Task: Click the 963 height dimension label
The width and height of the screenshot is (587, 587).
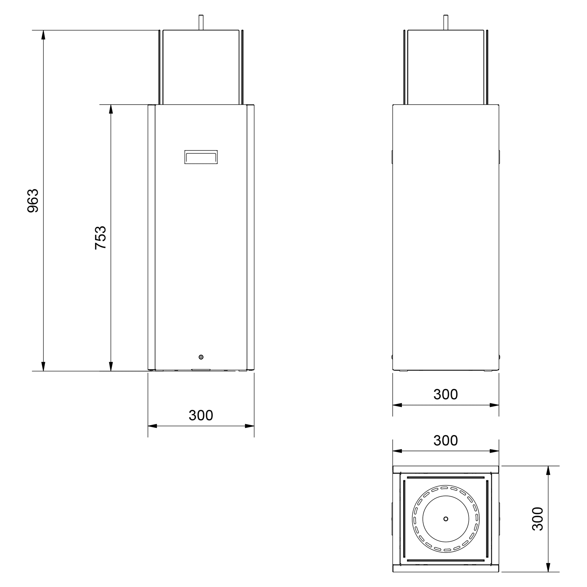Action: [x=33, y=200]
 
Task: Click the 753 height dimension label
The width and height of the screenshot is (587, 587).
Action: [x=100, y=238]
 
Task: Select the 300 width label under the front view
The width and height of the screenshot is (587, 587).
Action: [x=201, y=415]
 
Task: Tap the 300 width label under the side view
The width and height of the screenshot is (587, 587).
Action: [x=446, y=394]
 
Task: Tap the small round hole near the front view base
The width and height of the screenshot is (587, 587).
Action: [x=201, y=357]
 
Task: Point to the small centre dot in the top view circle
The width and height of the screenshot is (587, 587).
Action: [x=446, y=519]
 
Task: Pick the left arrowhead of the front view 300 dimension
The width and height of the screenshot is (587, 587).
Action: [x=152, y=426]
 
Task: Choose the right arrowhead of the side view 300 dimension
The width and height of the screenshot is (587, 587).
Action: [x=494, y=405]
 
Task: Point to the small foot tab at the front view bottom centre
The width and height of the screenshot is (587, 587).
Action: [x=201, y=370]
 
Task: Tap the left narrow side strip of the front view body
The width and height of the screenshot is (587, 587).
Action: [x=151, y=237]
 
